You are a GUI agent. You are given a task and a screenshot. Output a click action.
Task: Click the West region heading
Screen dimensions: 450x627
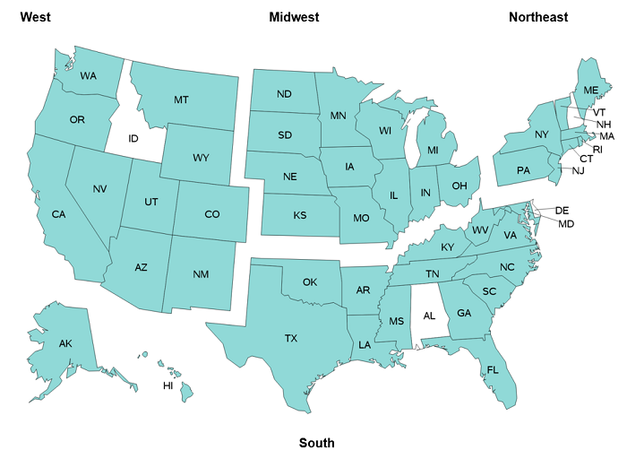35,17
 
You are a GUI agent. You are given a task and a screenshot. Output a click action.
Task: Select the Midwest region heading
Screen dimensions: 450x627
294,17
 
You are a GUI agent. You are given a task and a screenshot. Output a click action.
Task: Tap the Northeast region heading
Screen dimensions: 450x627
538,17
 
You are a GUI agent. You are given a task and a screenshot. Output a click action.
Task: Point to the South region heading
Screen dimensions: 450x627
317,443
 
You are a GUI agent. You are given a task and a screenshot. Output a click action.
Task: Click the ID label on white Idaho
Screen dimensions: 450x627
133,139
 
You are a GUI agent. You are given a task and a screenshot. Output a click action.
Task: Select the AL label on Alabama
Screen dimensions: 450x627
429,316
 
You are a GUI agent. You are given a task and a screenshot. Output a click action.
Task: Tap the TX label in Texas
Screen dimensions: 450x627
291,339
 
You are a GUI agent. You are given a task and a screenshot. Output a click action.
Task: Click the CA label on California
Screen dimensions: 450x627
59,214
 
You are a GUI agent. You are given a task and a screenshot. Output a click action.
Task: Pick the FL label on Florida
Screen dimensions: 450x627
493,369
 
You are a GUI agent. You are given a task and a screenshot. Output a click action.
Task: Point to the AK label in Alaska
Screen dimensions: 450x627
65,344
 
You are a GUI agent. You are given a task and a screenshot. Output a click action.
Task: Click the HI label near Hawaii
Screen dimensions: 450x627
167,385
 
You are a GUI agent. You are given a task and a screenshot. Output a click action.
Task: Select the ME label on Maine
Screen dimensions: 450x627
591,91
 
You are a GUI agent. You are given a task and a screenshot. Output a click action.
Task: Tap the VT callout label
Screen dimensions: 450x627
599,112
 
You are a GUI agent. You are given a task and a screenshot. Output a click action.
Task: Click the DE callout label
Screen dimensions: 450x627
562,211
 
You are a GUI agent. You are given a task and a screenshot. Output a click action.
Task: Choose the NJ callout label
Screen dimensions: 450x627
578,170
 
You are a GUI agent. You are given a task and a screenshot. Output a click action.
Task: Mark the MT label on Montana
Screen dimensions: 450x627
181,100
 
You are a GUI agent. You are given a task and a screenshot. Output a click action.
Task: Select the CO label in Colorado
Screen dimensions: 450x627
212,214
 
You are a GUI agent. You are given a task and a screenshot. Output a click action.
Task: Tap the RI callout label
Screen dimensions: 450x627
597,149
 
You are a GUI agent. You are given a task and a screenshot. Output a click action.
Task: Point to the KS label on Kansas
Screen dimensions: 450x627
299,217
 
